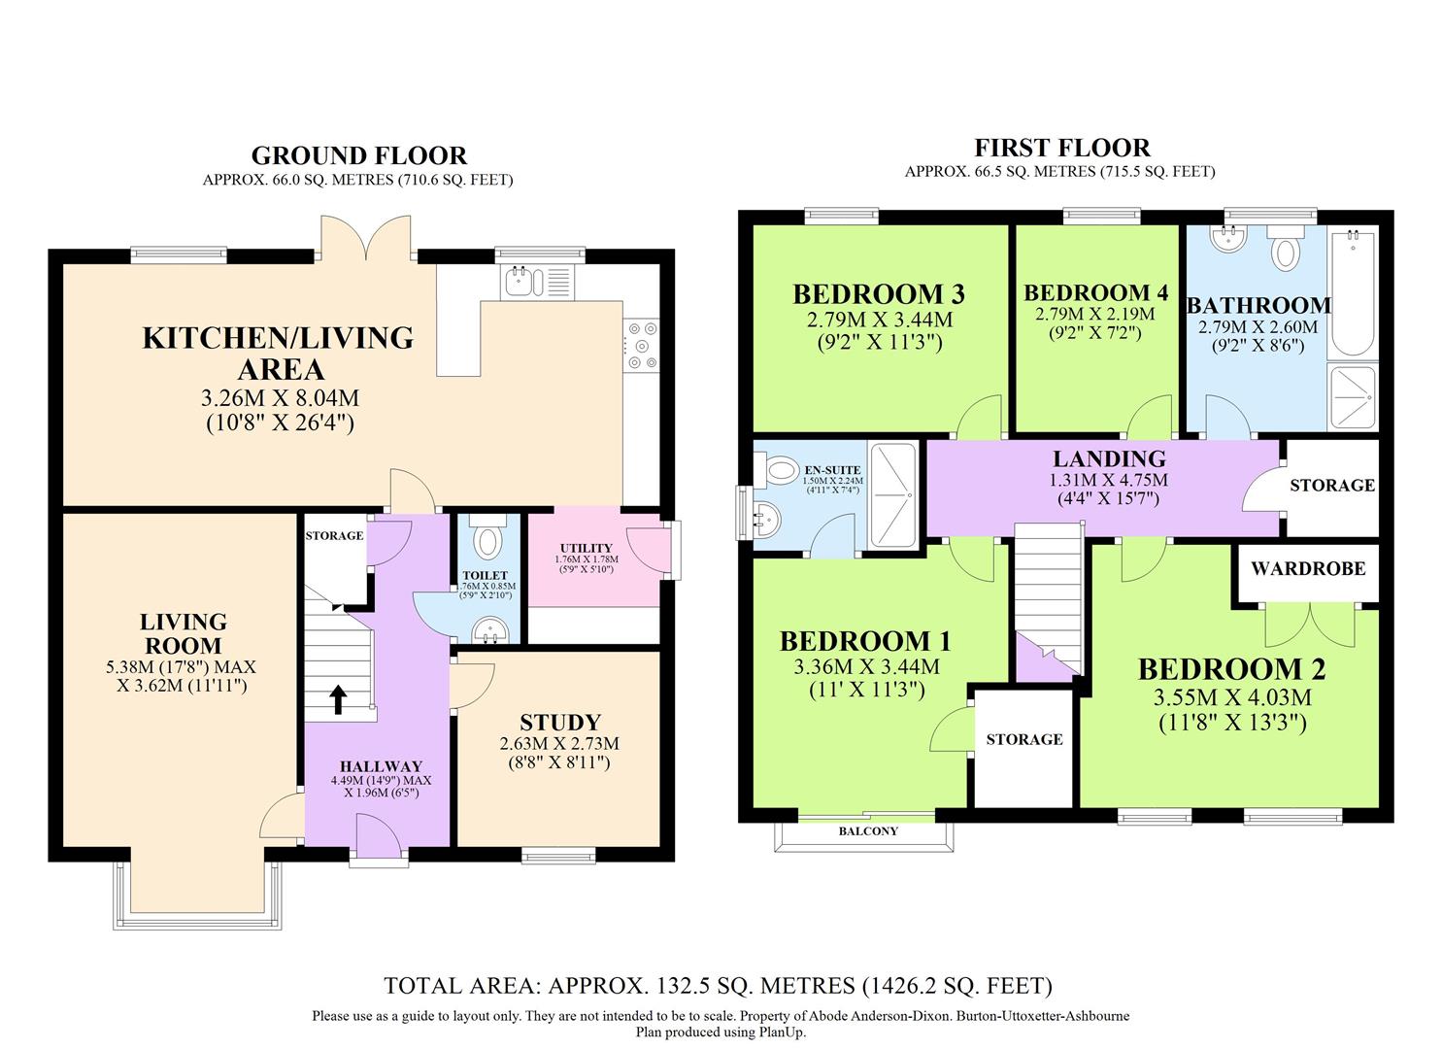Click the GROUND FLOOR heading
coord(358,155)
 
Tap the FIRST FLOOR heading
coord(1061,148)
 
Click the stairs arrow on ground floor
coord(338,698)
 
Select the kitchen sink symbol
coord(519,282)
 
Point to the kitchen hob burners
coord(641,346)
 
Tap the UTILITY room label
coord(586,548)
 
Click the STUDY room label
coord(560,722)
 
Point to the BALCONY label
coord(867,831)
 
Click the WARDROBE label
coord(1307,568)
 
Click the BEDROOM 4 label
coord(1094,292)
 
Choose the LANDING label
coord(1109,458)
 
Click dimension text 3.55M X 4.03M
coord(1231,697)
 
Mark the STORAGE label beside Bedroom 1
coord(1023,739)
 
